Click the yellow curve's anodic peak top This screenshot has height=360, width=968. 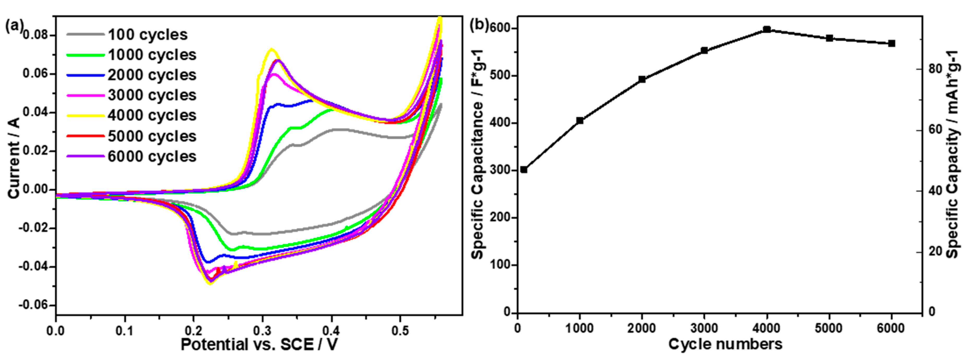point(271,49)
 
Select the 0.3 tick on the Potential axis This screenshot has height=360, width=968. point(262,331)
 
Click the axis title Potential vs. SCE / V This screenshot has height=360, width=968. point(259,344)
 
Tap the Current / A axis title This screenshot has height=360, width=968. point(14,158)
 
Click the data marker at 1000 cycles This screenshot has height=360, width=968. point(580,121)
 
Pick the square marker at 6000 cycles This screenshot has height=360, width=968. point(891,44)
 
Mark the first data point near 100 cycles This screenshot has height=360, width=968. point(524,170)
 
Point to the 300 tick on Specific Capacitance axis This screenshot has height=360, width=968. point(501,170)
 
